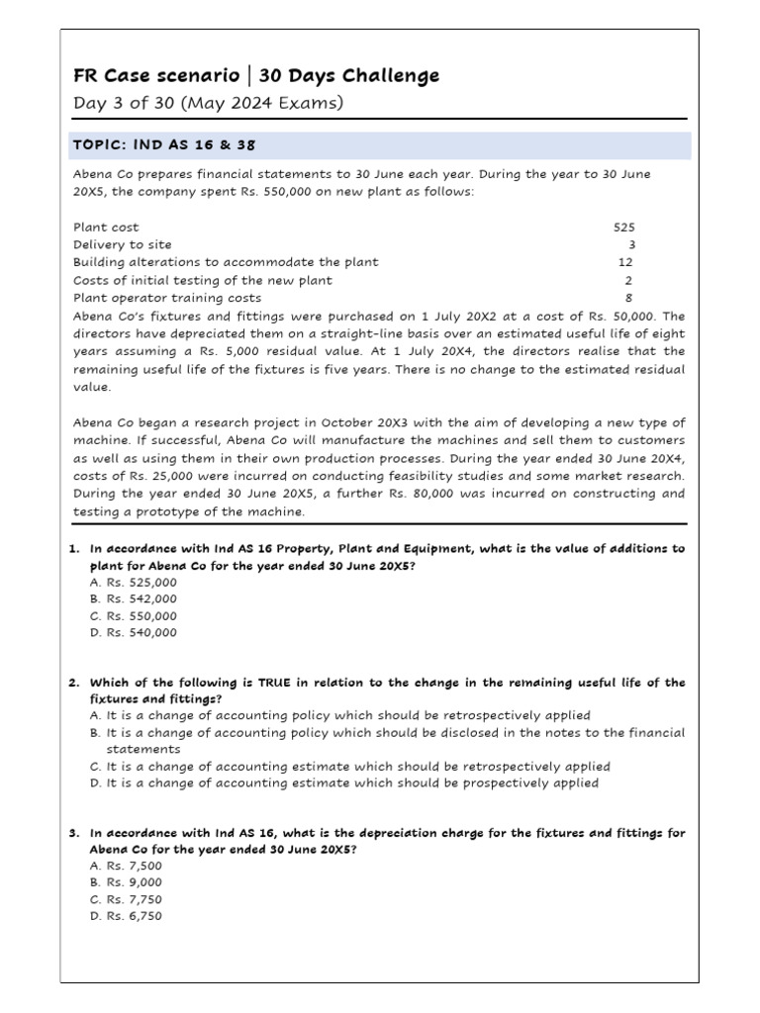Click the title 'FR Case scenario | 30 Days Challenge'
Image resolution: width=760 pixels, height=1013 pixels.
(256, 76)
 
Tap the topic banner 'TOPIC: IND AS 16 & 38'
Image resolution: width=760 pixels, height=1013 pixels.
(164, 144)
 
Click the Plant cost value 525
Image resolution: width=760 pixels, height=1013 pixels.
(624, 227)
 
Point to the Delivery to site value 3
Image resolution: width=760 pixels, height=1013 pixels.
(631, 244)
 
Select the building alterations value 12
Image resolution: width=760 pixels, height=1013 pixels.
(625, 262)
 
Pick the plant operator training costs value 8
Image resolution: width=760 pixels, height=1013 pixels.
(629, 298)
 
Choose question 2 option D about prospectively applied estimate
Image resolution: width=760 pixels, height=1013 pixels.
(343, 783)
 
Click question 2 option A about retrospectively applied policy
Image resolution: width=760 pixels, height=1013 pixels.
(339, 715)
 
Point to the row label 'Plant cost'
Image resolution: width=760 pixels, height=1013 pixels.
(106, 227)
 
